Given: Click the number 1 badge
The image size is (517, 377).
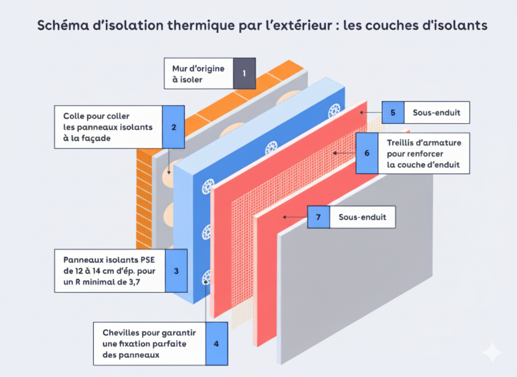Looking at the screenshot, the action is tap(244, 73).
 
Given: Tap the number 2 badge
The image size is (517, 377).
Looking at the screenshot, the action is tap(174, 127).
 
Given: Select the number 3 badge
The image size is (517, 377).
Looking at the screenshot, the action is tap(176, 271).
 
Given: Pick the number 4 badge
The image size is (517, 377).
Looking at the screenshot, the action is tap(216, 344).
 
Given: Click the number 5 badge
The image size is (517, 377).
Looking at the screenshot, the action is tap(393, 113).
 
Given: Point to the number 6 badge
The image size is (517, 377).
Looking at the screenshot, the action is tap(367, 153).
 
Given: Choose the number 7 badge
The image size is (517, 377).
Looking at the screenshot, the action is tap(318, 217).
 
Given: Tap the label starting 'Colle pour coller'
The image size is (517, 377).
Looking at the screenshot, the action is tap(108, 127).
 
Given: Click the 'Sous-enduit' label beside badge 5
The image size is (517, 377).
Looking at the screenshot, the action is tap(437, 113).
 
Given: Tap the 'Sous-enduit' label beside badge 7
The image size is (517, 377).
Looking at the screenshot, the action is tap(362, 217).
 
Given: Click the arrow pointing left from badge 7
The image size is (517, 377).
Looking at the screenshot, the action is tap(295, 217).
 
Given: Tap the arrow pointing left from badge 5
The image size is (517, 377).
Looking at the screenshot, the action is tap(371, 113).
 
